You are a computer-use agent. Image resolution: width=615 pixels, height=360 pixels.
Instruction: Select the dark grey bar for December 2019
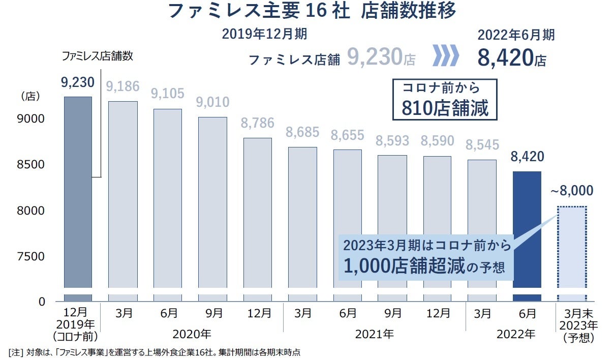pos(78,193)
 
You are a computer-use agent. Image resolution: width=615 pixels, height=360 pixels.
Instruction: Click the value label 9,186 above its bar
pos(122,86)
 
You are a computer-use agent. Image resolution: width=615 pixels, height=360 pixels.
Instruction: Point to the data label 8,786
pos(257,123)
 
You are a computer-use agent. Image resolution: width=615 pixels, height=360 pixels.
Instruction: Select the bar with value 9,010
pos(212,203)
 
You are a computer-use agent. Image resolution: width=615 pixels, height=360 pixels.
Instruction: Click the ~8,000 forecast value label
pos(571,191)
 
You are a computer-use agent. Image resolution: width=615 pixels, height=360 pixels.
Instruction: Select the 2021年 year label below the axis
pos(374,334)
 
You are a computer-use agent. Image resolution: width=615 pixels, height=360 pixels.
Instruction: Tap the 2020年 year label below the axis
pos(192,334)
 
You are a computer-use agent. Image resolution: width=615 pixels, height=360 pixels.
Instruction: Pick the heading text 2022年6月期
pos(516,35)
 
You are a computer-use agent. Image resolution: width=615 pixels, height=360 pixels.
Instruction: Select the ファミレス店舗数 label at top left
pos(97,56)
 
